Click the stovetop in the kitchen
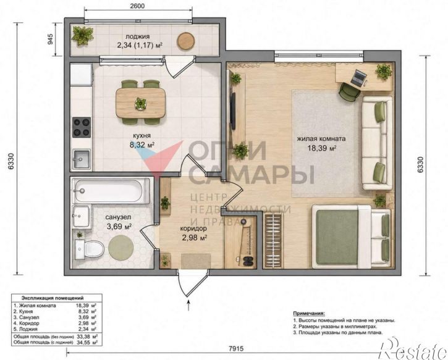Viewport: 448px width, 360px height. tap(82, 127)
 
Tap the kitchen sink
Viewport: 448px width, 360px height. tap(82, 159)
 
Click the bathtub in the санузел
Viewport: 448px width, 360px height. tap(111, 191)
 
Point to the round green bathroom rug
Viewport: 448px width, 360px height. tap(121, 247)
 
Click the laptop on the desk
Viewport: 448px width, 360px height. tap(358, 78)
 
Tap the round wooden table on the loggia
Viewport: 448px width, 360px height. tap(186, 41)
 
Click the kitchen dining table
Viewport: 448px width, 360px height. tap(140, 103)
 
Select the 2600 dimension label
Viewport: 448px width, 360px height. tap(137, 6)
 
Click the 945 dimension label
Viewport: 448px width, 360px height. tap(50, 39)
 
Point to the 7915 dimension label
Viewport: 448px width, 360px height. tap(236, 349)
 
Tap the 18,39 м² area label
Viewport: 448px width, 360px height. tap(321, 148)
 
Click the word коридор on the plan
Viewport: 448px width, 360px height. tap(193, 228)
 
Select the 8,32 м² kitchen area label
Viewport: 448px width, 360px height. tap(142, 144)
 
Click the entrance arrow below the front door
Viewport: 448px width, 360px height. tap(188, 304)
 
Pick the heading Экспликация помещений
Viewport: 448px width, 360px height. tap(53, 298)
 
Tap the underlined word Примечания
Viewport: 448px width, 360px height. tap(309, 313)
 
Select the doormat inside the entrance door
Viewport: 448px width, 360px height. tap(196, 261)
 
